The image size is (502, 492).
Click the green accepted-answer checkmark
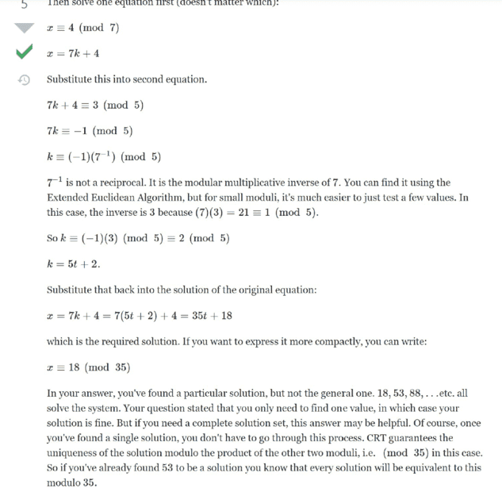pos(25,53)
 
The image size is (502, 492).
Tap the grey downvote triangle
pos(25,29)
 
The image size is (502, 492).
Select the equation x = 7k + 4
pos(73,54)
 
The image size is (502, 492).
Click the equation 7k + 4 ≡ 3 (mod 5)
pos(95,105)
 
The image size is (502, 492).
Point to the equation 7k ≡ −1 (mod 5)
pos(90,130)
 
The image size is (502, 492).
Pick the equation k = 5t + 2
pos(73,263)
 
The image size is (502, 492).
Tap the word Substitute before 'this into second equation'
pos(73,79)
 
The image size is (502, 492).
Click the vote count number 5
pos(25,4)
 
